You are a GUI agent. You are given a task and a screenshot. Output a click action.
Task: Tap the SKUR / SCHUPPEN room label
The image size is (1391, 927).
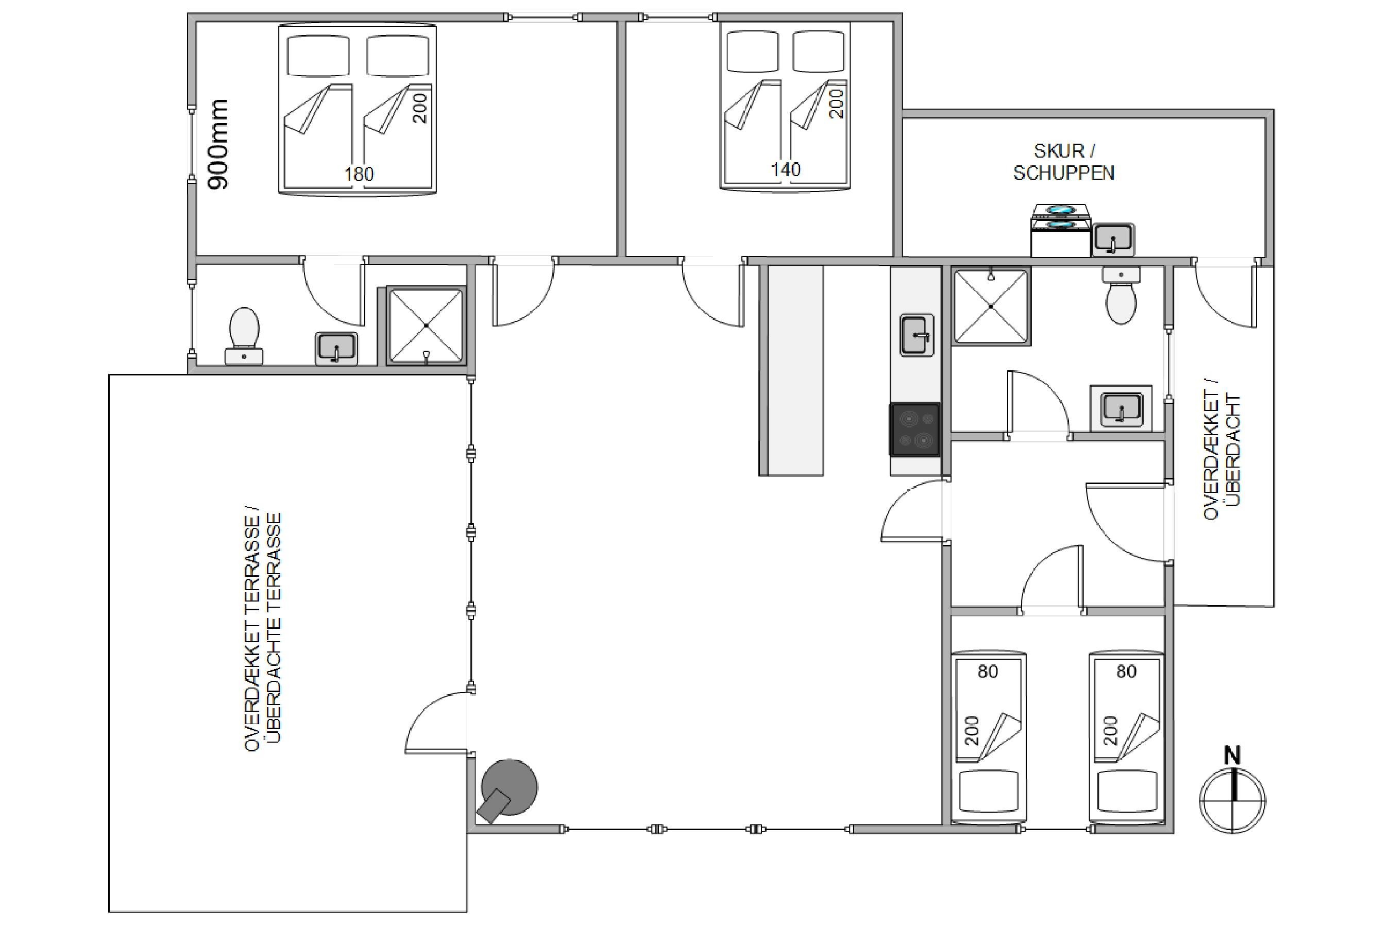(1063, 161)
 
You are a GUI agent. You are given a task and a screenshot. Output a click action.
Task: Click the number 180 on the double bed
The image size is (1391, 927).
(359, 174)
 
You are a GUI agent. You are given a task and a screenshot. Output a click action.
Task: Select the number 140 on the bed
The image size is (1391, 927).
(785, 169)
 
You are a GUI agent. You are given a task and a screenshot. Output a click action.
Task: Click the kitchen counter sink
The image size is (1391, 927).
(917, 335)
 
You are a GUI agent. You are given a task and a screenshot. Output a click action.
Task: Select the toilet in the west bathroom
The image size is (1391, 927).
(244, 335)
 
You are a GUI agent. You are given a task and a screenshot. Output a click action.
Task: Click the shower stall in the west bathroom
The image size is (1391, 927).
(426, 326)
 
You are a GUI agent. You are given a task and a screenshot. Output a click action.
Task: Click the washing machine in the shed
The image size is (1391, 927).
(1061, 231)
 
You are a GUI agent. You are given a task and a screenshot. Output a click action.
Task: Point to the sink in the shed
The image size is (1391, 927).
(1112, 239)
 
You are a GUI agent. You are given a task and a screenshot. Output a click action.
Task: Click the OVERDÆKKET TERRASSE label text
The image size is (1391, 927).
(252, 631)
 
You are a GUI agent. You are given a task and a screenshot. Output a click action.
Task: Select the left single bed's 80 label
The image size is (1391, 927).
(988, 672)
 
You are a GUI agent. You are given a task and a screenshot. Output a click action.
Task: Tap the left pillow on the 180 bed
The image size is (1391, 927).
(318, 56)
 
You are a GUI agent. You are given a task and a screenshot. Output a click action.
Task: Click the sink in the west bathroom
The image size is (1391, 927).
(336, 348)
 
